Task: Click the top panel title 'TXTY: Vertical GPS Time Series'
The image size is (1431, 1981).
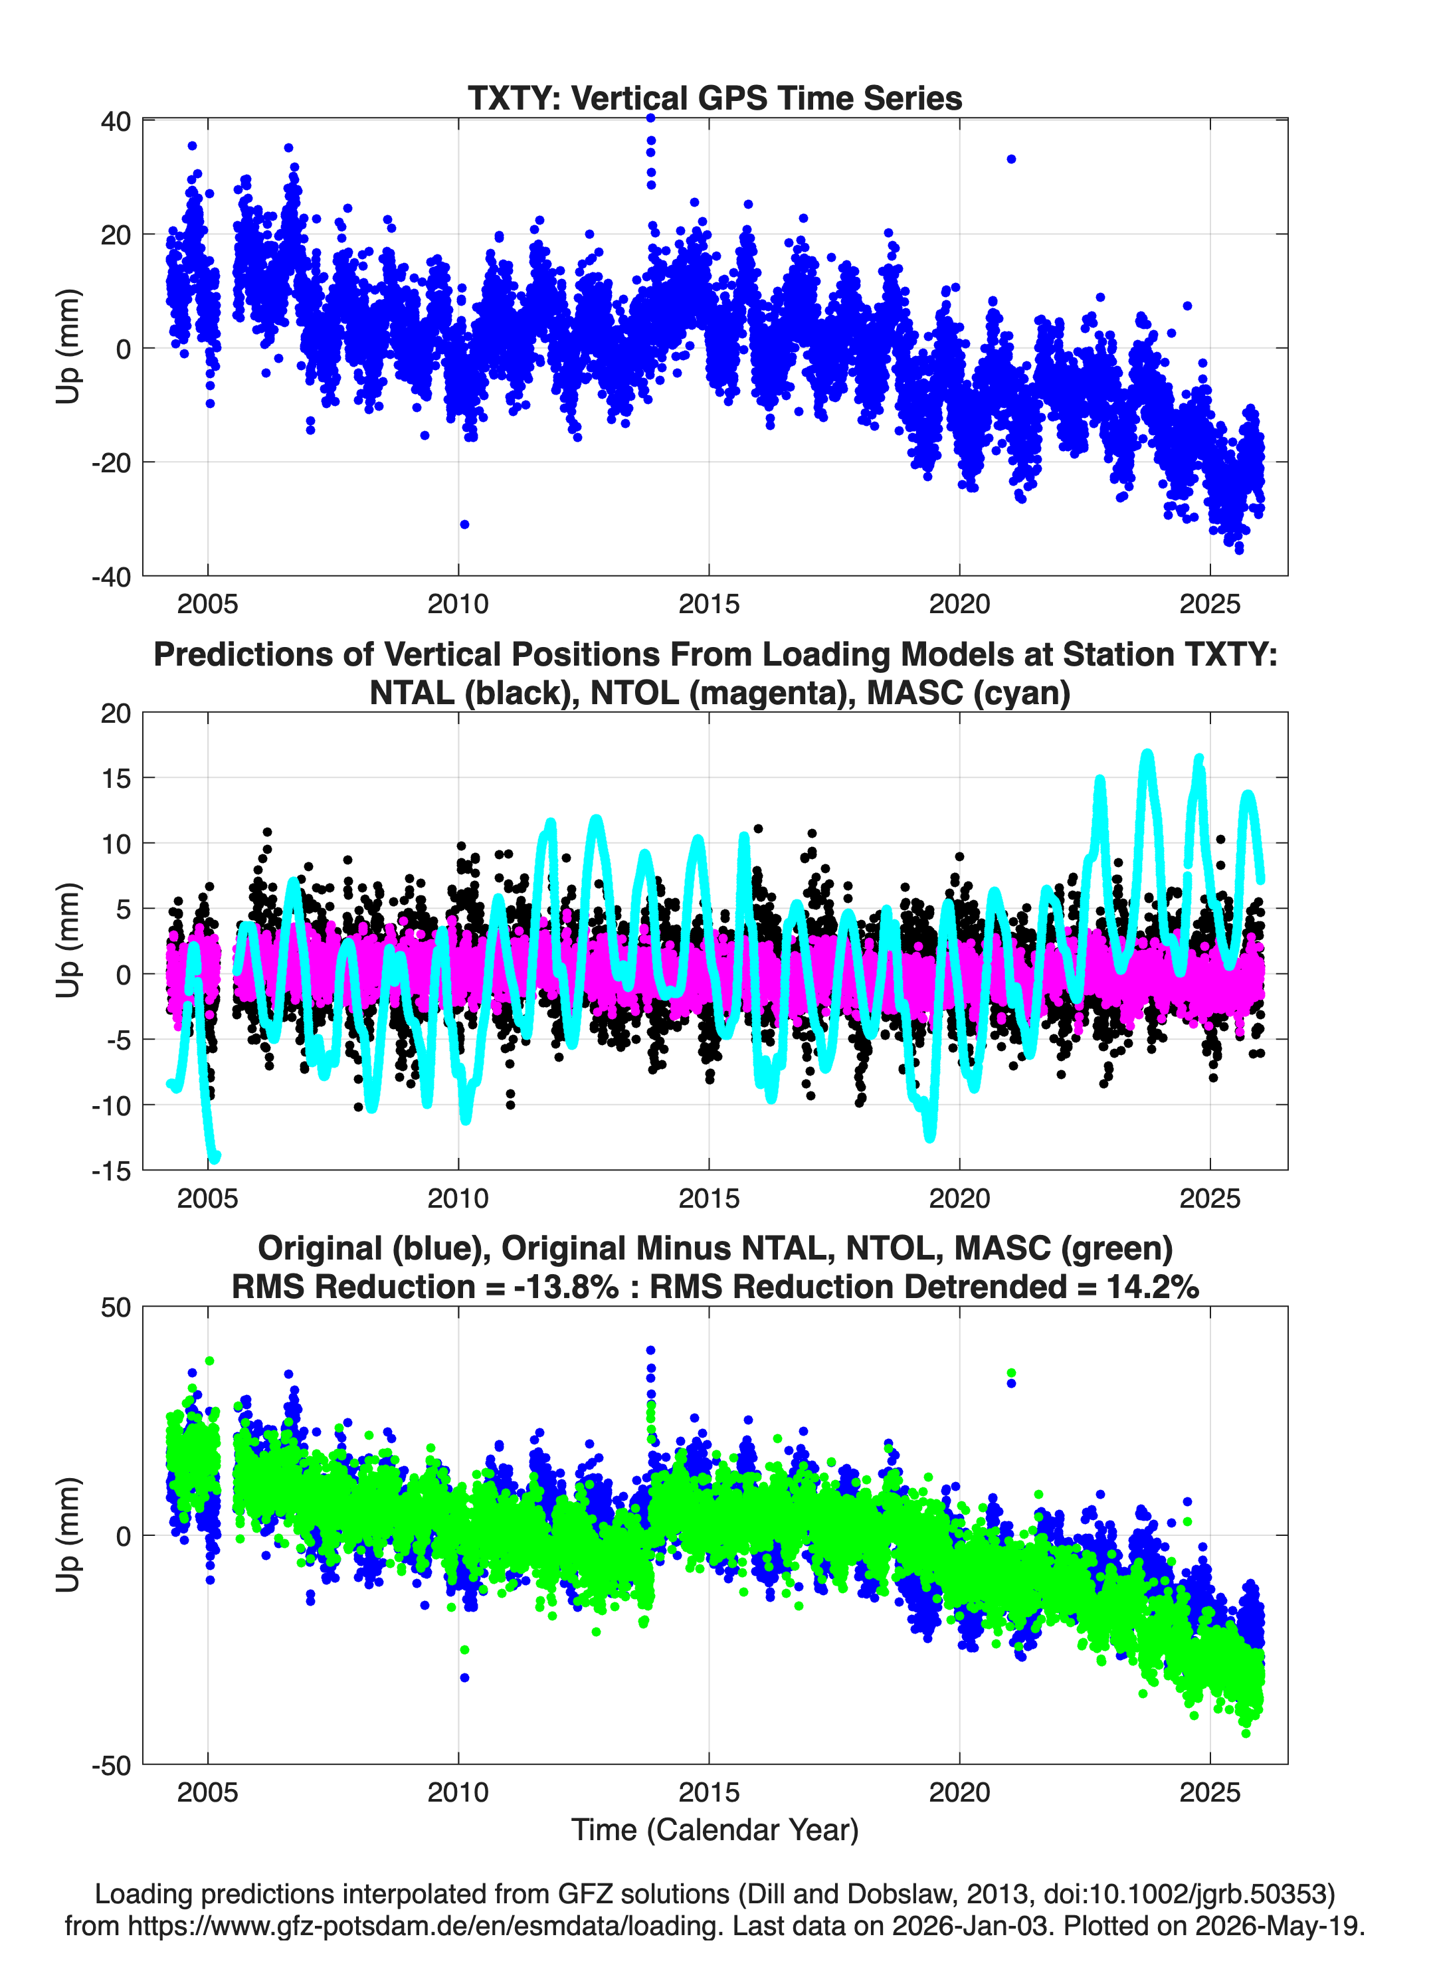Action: (x=715, y=98)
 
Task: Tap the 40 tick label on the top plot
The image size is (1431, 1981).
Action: (x=116, y=122)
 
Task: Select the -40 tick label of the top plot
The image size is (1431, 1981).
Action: (x=111, y=577)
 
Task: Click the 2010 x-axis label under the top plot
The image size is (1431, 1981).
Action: (x=458, y=604)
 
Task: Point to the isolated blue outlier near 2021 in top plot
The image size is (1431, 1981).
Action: (x=1010, y=159)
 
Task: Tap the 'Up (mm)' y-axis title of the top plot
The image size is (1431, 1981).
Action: (x=68, y=347)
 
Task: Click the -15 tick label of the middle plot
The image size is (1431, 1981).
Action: (x=111, y=1171)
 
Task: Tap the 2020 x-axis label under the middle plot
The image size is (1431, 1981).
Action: (x=959, y=1198)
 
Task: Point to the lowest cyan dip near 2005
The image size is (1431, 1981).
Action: (x=214, y=1157)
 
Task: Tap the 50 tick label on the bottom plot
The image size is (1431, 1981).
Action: (x=116, y=1309)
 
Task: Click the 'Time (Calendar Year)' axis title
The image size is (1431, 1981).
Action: (x=715, y=1830)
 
